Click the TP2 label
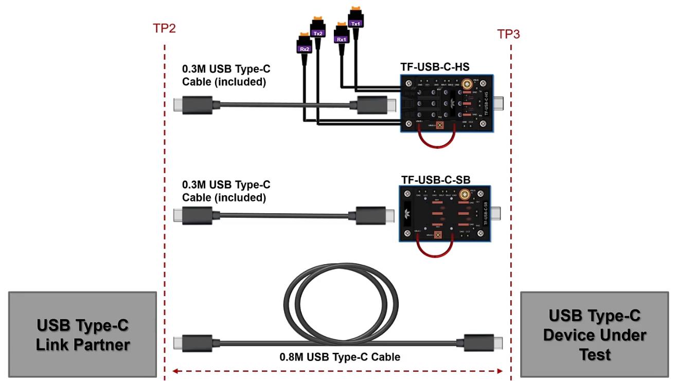tap(164, 28)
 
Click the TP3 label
tap(508, 34)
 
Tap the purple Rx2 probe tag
tap(305, 48)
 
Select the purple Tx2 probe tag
tap(318, 33)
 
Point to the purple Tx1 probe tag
tap(355, 23)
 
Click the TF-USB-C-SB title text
tap(435, 180)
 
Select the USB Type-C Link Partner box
tap(82, 334)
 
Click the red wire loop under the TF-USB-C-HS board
tap(437, 139)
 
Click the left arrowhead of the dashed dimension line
tap(174, 370)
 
